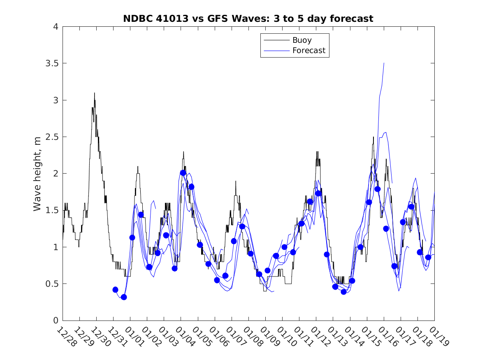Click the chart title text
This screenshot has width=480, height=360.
click(248, 19)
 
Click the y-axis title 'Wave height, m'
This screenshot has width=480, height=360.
click(37, 173)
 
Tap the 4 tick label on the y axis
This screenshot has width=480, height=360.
click(55, 27)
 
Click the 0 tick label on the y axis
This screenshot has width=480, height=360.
click(55, 321)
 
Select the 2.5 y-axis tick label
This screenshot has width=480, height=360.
click(52, 137)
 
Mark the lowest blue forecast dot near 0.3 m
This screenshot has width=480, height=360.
click(124, 297)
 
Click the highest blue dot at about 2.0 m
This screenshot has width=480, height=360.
click(183, 173)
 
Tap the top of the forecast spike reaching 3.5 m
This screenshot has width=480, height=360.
click(384, 63)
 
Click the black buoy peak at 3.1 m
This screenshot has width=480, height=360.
click(94, 93)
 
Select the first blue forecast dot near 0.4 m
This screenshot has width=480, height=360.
click(115, 290)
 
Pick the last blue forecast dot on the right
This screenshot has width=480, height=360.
click(428, 257)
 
